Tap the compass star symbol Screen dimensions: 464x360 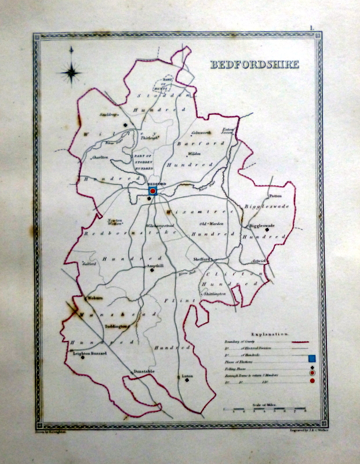[71, 73]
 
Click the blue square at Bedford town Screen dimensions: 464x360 [153, 190]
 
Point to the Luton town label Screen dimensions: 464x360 [186, 376]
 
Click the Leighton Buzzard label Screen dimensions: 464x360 [83, 353]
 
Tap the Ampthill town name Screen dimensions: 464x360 [155, 265]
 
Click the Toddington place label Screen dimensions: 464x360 [117, 327]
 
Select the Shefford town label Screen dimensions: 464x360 [203, 259]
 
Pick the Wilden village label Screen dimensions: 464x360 [194, 154]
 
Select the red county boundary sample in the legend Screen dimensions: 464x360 [298, 342]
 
